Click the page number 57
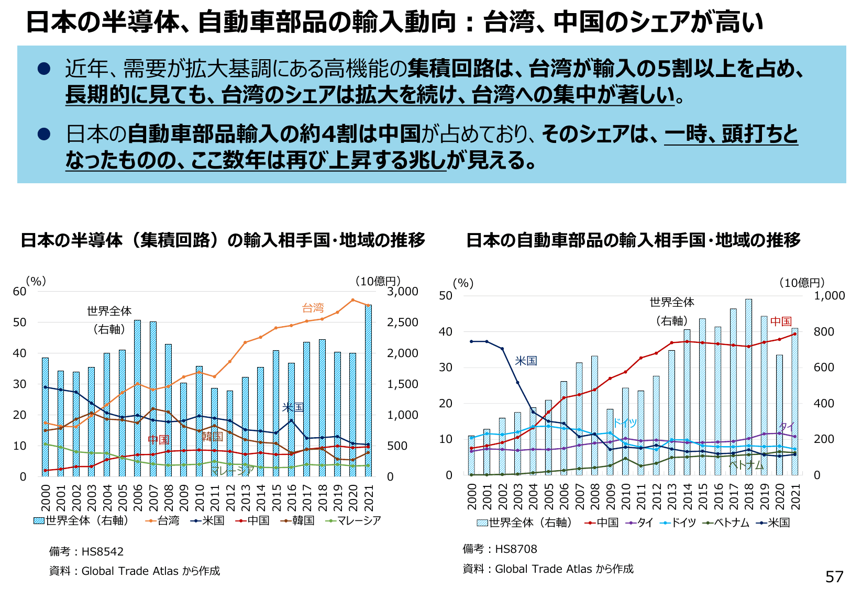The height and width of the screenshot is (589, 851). [834, 576]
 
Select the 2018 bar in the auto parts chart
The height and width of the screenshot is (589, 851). [748, 387]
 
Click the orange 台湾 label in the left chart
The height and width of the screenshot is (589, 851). [313, 308]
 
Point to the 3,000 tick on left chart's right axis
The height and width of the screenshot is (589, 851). [403, 292]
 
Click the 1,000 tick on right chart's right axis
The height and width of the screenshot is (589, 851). [829, 296]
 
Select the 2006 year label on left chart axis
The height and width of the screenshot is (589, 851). [138, 497]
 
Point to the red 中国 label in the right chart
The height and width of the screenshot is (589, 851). [781, 321]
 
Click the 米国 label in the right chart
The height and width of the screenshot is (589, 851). [526, 361]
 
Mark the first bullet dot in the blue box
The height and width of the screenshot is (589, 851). [44, 69]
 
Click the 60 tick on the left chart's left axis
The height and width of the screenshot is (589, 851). [19, 292]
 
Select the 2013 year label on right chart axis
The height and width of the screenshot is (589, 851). [672, 496]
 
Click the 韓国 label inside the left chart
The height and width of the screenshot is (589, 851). [212, 436]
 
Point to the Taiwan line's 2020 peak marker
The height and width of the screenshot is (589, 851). [353, 300]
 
